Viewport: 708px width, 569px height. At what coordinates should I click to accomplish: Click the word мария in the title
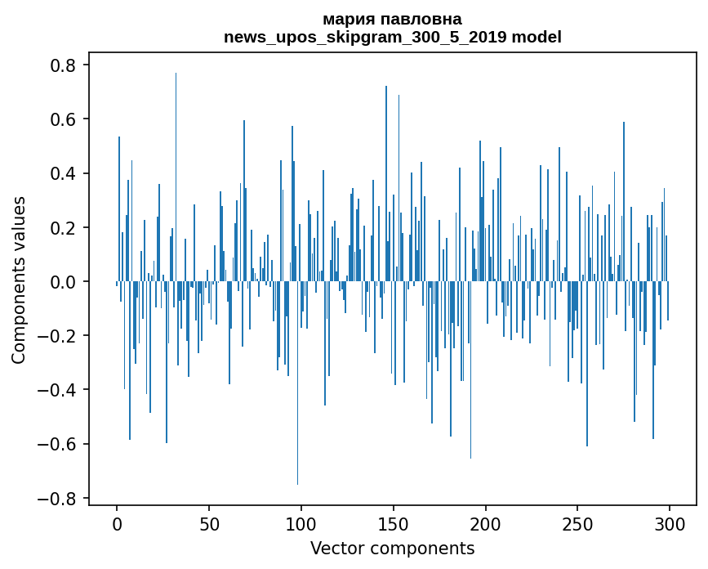pos(347,19)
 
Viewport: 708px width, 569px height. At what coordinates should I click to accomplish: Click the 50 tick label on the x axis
pos(209,522)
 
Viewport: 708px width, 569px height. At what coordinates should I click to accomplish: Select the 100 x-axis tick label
pos(301,522)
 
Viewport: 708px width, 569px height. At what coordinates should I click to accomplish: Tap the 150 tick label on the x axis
pos(394,522)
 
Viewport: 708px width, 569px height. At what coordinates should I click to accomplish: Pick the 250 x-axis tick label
pos(578,522)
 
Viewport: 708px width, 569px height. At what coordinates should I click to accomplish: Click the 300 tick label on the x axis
pos(670,522)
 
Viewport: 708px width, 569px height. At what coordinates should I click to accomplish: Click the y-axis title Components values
pos(19,280)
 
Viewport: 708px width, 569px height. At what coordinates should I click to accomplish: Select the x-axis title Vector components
pos(392,548)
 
